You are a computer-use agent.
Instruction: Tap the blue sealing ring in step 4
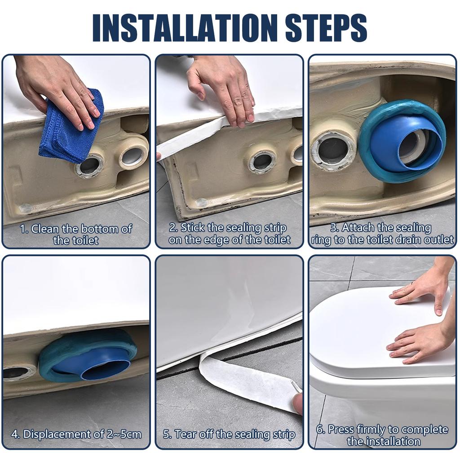click(88, 356)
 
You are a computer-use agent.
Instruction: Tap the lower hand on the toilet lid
click(420, 345)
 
